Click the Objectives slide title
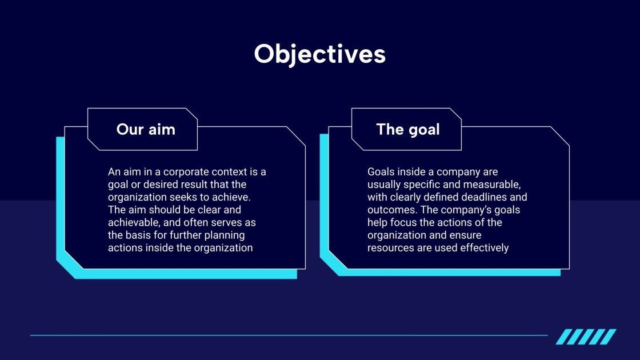point(319,54)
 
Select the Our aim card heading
point(146,129)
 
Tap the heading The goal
point(408,130)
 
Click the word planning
point(225,235)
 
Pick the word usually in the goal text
point(384,185)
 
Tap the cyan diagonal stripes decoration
point(586,337)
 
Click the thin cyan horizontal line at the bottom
point(289,335)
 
